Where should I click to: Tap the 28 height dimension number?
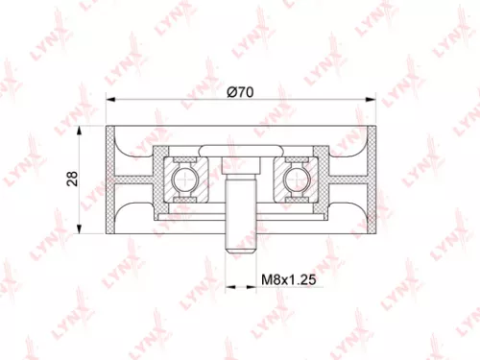(74, 178)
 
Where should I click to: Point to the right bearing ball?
(292, 179)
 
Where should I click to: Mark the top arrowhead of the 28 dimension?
(85, 131)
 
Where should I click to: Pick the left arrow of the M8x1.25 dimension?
(228, 288)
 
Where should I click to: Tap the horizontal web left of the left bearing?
(136, 179)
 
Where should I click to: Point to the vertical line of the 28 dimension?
(85, 179)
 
